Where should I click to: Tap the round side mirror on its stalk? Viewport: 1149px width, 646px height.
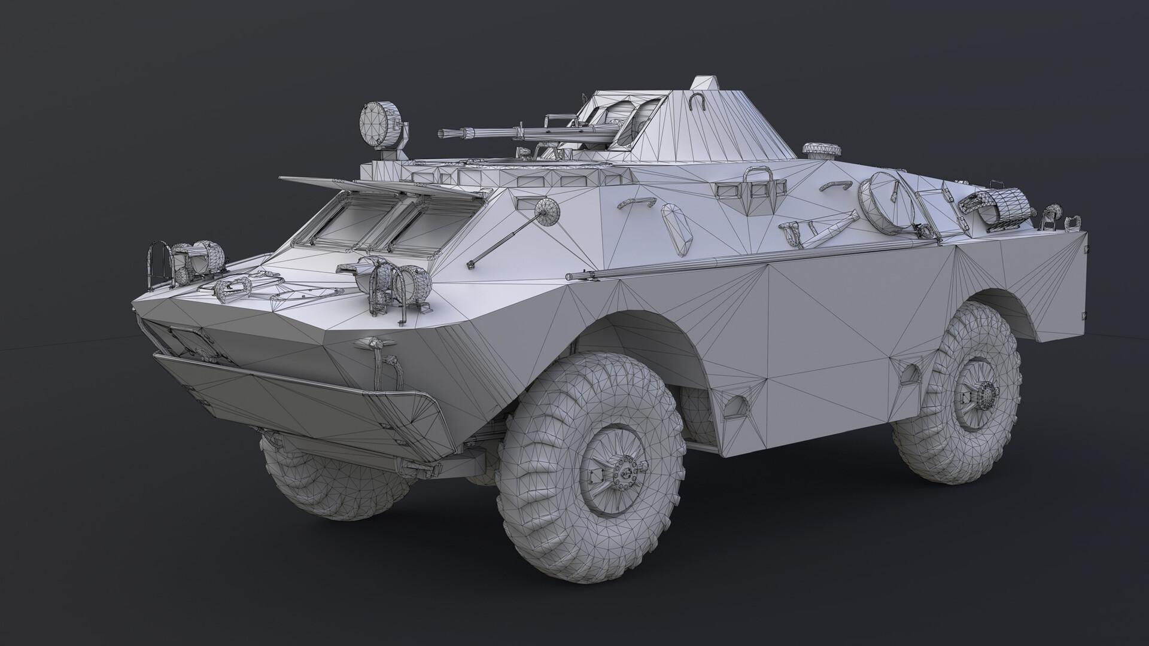coord(546,210)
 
